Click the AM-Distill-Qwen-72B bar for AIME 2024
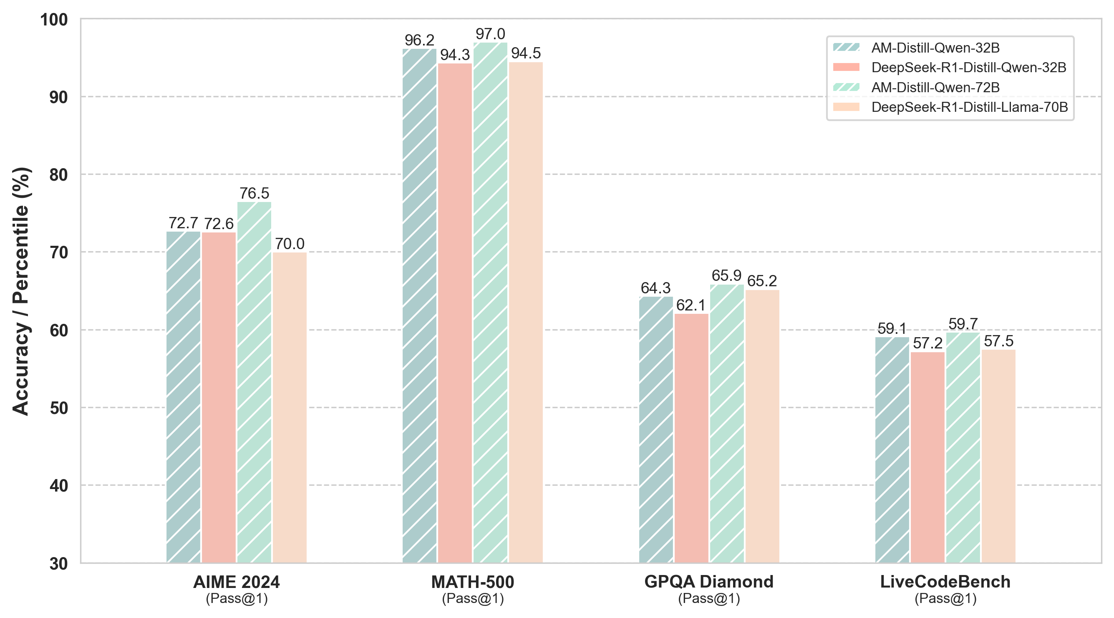[x=254, y=382]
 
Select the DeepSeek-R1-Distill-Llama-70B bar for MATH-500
[x=525, y=312]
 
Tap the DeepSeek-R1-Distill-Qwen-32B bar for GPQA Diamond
[x=691, y=438]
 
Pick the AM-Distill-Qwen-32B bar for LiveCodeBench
[x=892, y=450]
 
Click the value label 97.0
[x=490, y=34]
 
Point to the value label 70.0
[x=289, y=244]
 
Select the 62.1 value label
[x=691, y=306]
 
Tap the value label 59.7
[x=963, y=324]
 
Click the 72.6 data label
[x=219, y=224]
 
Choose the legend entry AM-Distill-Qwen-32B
[x=935, y=48]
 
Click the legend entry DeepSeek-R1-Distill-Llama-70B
[x=970, y=107]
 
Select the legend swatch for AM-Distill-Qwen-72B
[x=846, y=87]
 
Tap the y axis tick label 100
[x=54, y=20]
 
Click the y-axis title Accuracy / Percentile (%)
[x=21, y=291]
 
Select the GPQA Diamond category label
[x=709, y=582]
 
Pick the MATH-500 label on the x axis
[x=473, y=582]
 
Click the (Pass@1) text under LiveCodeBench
[x=945, y=598]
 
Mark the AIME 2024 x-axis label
[x=236, y=582]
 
